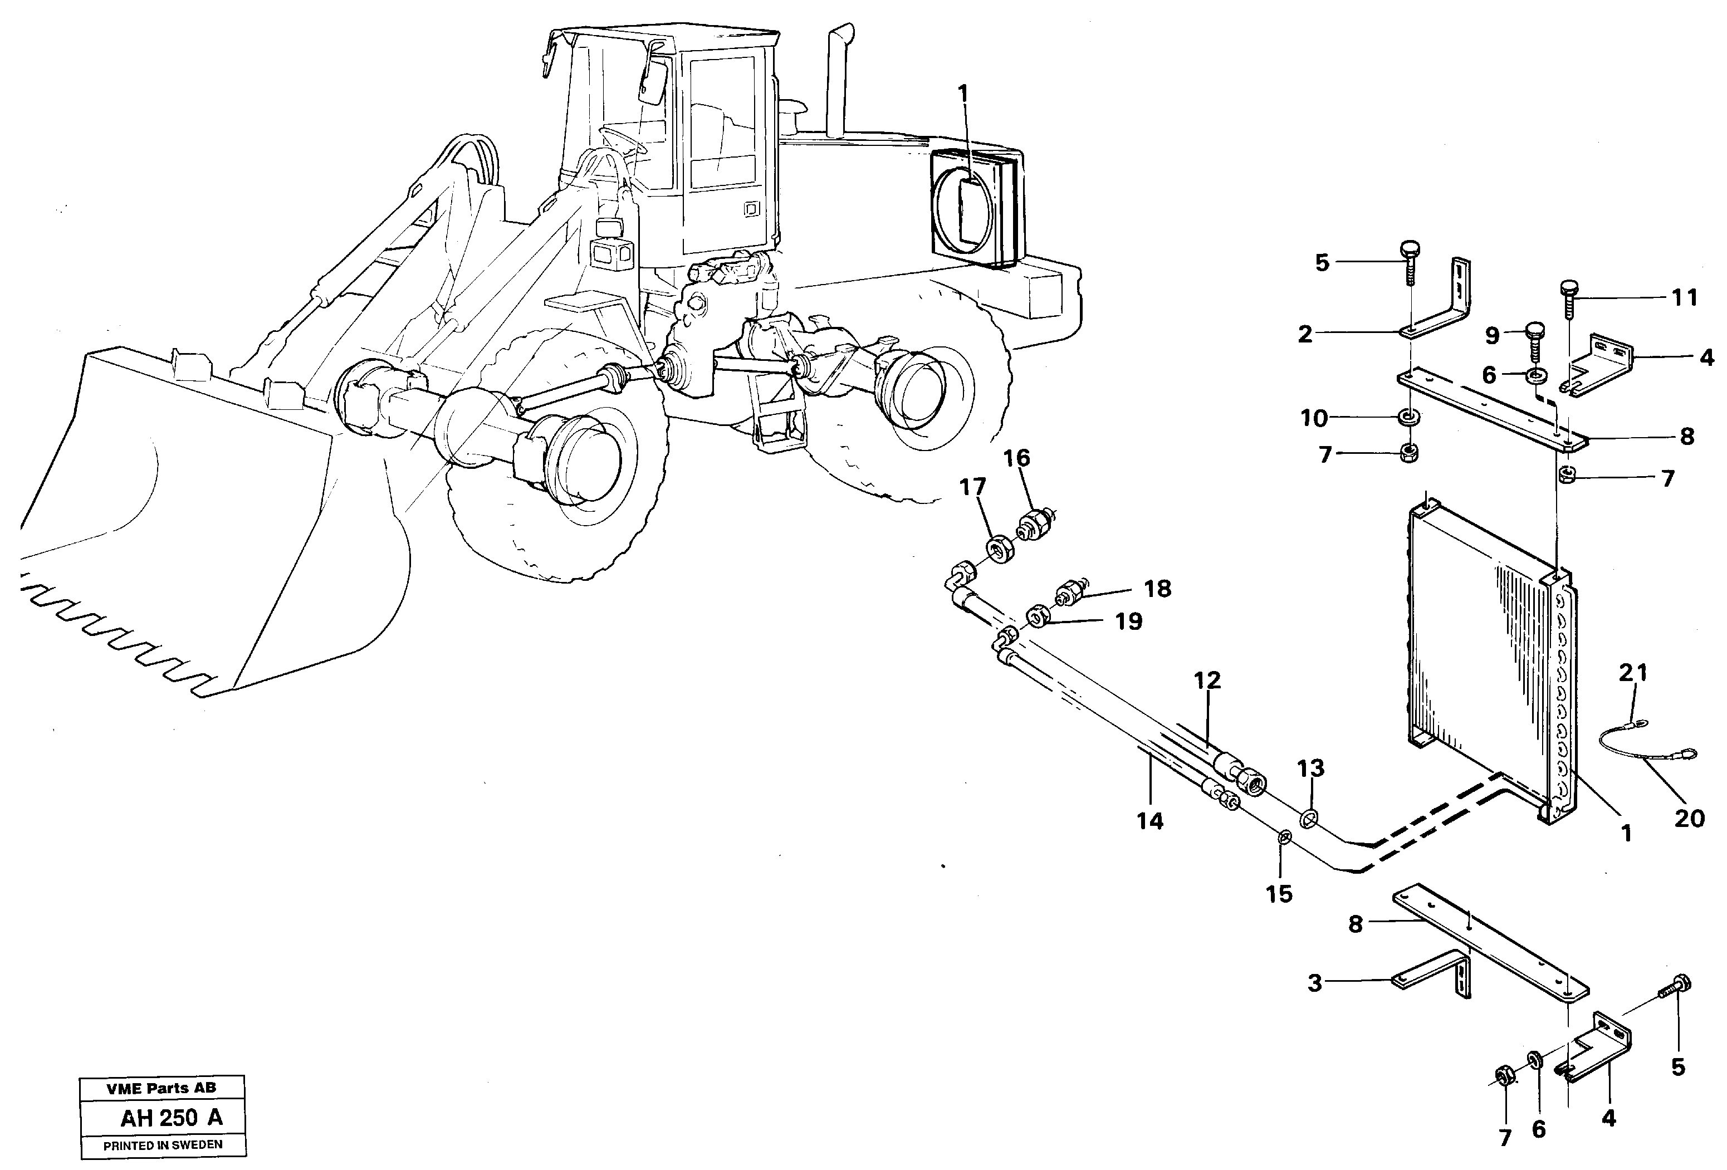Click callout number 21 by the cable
(x=1633, y=674)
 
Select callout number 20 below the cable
(x=1689, y=819)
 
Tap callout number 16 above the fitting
(x=1016, y=458)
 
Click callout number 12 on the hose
(x=1207, y=680)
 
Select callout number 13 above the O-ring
(x=1311, y=768)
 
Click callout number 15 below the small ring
(x=1279, y=894)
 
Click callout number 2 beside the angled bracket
(x=1305, y=335)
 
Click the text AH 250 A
(x=171, y=1118)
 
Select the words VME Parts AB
(x=162, y=1088)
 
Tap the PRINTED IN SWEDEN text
(x=163, y=1145)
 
